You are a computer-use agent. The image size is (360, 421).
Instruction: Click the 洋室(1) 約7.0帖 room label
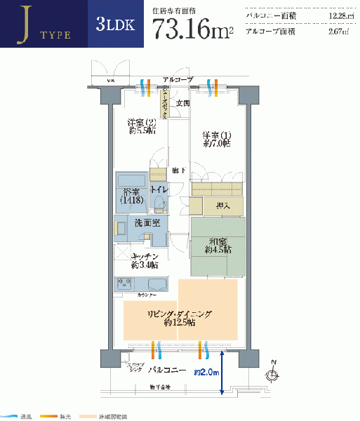point(217,140)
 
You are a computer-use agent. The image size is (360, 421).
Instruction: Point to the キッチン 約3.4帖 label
point(144,260)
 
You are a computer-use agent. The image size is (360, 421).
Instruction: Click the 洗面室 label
point(147,222)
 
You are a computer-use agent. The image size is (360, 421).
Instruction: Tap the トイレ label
point(159,189)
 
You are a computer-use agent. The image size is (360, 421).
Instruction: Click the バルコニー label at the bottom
point(166,370)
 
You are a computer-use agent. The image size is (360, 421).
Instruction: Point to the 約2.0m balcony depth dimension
point(207,372)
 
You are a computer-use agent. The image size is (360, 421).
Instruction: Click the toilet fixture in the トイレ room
point(160,204)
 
